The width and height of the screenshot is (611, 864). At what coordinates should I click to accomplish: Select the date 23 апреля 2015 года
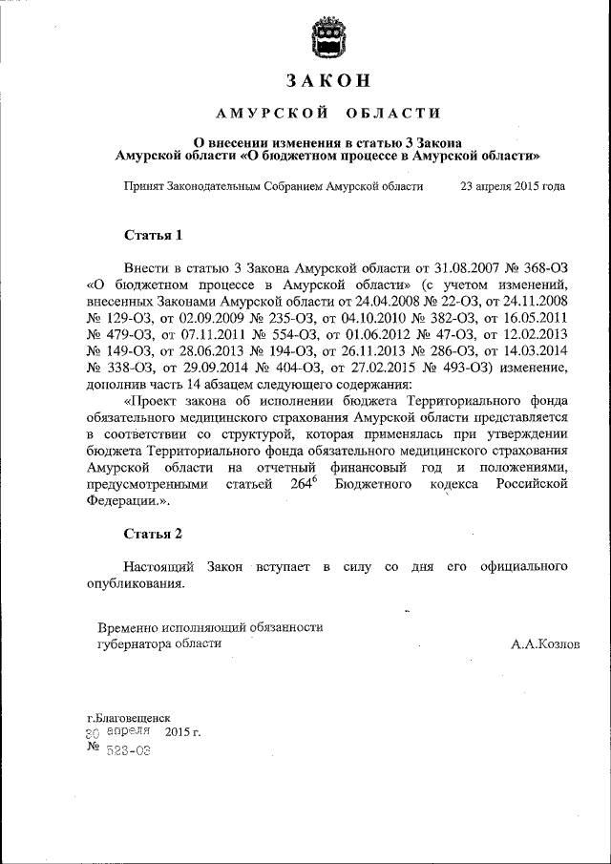(x=513, y=186)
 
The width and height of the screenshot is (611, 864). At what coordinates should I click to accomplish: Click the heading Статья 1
(x=153, y=234)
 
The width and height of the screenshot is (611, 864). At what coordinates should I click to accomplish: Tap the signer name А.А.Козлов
(x=544, y=644)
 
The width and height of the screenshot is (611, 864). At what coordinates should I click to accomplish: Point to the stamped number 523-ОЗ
(x=126, y=751)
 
